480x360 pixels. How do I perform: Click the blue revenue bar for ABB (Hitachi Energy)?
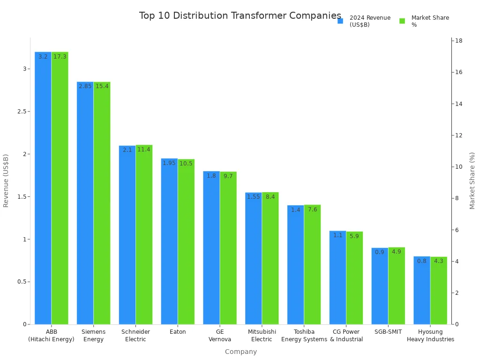[43, 187]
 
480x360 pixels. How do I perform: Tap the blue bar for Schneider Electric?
[127, 234]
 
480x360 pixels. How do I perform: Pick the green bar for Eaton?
[186, 241]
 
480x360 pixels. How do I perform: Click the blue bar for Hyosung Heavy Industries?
[422, 290]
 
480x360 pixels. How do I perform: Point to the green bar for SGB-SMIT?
[397, 285]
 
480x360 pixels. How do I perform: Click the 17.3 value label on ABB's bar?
[60, 57]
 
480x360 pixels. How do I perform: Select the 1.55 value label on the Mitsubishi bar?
[253, 197]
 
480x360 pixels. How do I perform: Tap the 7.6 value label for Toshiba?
[312, 210]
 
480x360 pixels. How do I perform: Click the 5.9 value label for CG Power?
[354, 236]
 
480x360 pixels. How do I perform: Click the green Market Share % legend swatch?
[402, 21]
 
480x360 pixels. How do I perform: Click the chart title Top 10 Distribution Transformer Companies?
[240, 16]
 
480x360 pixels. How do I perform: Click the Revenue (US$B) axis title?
[6, 180]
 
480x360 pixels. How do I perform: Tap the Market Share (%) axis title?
[472, 180]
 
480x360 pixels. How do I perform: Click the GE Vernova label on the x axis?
[220, 335]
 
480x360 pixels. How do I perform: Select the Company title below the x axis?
[240, 352]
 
